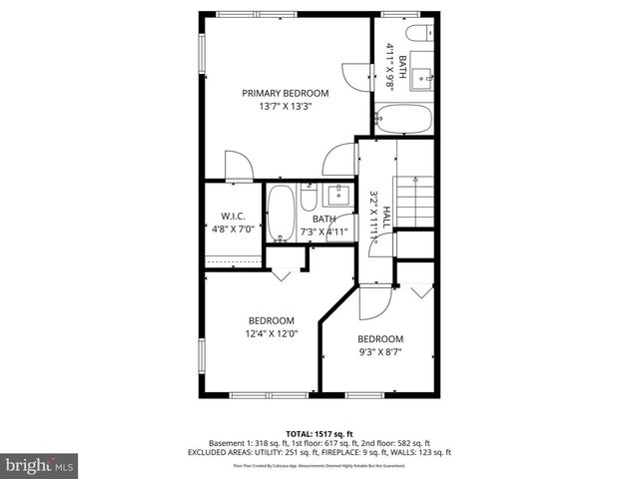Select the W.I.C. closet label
coord(234,216)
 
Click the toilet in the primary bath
coord(419,31)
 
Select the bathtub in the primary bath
coord(404,121)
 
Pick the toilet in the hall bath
coord(309,195)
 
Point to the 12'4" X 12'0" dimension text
coord(272,333)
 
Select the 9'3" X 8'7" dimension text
coord(380,351)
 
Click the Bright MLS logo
coord(39,465)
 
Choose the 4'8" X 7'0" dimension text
coord(234,229)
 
